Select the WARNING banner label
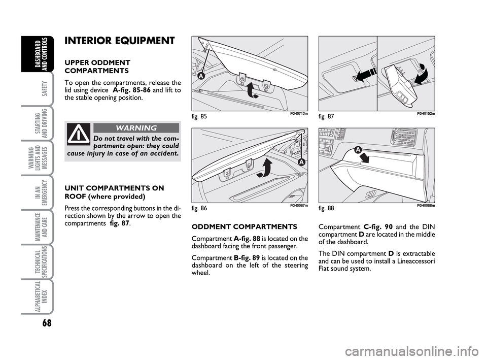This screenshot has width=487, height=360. (136, 128)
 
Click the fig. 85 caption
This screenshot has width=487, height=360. (200, 116)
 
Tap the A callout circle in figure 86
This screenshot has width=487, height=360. (301, 161)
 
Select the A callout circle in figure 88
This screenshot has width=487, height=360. (358, 150)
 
